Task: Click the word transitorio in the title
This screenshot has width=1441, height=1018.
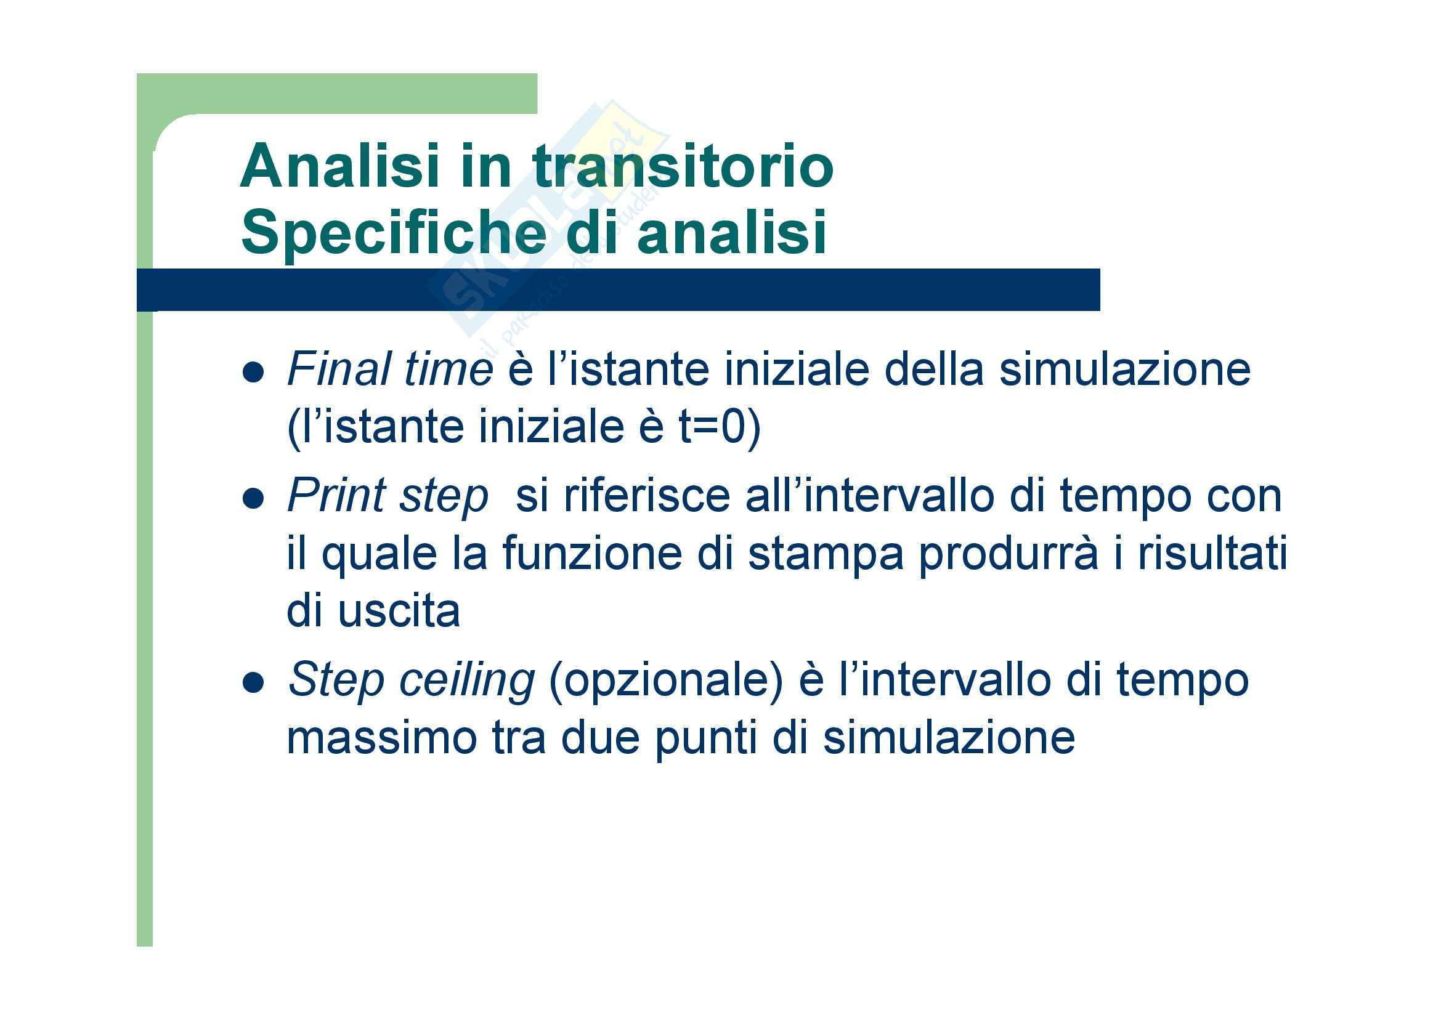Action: [x=683, y=166]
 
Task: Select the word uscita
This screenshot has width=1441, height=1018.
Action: [x=399, y=611]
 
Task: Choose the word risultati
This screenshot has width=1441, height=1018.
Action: [x=1212, y=553]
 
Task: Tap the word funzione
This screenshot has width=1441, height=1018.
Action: [x=592, y=553]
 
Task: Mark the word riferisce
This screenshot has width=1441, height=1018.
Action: [x=647, y=496]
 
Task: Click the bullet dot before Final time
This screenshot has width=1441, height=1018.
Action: [x=253, y=373]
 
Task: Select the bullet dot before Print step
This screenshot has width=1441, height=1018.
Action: [x=253, y=499]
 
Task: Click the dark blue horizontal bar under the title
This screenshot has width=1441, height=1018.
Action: [x=618, y=290]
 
